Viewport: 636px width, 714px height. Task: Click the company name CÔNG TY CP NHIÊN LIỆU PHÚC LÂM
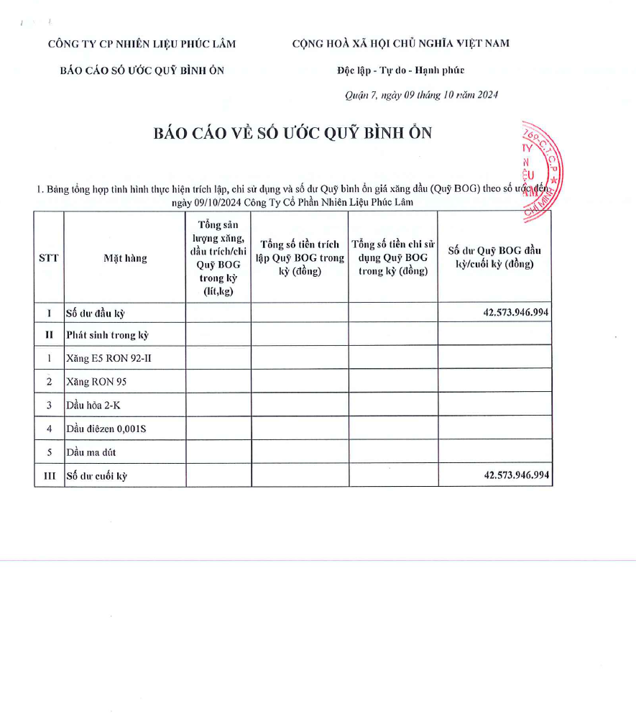pos(142,44)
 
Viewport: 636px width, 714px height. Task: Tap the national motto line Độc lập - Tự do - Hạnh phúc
pos(400,70)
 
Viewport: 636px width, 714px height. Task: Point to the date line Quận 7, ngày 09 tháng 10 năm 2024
pos(422,95)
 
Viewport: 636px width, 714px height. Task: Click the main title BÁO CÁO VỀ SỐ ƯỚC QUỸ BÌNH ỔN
pos(292,134)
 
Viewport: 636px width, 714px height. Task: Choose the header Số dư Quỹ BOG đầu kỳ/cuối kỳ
pos(494,257)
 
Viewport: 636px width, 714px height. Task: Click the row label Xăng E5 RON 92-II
pos(105,357)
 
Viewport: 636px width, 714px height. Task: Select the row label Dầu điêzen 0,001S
pos(106,429)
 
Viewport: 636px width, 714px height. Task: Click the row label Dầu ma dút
pos(91,452)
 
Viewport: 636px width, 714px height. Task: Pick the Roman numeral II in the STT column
pos(49,334)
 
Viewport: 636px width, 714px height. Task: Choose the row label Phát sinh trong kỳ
pos(107,334)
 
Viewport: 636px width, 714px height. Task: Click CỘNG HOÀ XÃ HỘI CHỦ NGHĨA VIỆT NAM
pos(400,44)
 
